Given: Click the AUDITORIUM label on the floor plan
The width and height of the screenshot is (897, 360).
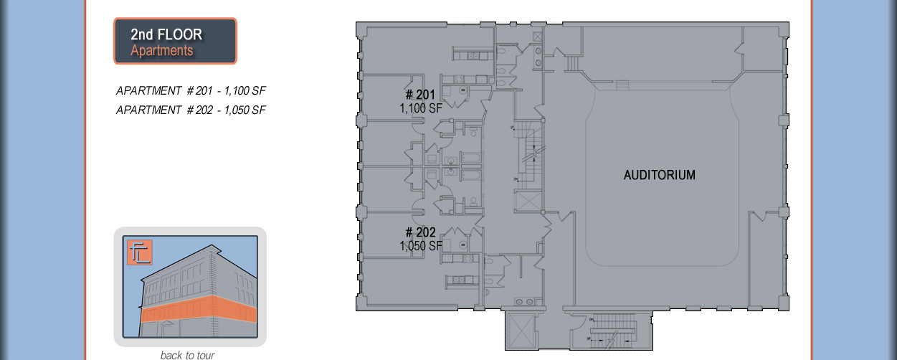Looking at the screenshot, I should [x=659, y=175].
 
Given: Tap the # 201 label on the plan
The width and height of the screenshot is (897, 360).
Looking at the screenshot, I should [x=420, y=95].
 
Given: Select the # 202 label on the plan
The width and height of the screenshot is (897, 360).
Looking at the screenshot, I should [x=420, y=233].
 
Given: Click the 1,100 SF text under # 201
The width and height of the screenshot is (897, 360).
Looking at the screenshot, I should [x=420, y=108].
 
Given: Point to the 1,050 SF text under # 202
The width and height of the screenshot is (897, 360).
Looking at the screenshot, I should [x=420, y=246].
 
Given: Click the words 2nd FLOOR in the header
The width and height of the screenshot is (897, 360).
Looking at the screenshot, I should [x=166, y=34].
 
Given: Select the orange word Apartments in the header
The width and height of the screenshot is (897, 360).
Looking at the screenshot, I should [x=161, y=51].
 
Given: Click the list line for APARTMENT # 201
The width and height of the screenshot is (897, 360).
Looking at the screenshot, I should [x=191, y=91].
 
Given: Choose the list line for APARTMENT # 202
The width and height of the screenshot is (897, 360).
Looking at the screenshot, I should [x=191, y=110].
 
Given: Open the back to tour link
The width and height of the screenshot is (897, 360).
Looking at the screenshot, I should [x=187, y=355].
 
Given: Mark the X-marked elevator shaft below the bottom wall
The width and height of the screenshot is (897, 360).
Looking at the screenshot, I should [x=518, y=331].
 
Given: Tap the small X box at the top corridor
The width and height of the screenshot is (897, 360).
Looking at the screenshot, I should [x=537, y=34].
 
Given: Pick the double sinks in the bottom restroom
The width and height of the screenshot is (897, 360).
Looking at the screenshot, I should [x=525, y=302].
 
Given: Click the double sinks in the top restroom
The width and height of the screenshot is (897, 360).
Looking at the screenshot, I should [x=537, y=50].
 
